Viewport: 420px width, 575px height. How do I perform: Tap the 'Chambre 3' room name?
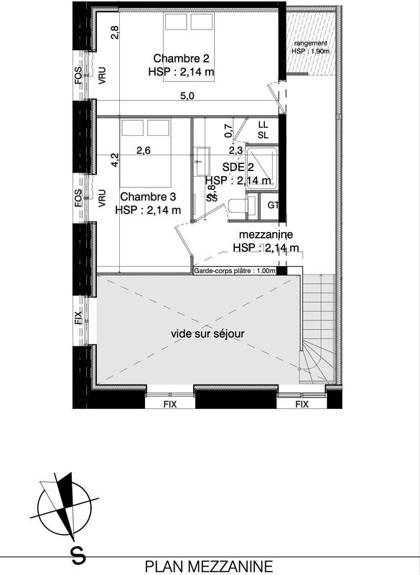pos(149,196)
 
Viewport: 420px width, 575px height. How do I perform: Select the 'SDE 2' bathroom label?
pos(237,167)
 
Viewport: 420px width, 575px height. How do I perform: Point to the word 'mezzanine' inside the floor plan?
pos(266,234)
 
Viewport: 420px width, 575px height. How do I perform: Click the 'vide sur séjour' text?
pos(207,333)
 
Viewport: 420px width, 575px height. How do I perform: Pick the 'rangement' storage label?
pos(310,43)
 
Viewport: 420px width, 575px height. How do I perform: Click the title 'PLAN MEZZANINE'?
pos(209,566)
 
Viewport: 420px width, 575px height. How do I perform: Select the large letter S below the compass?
pos(75,555)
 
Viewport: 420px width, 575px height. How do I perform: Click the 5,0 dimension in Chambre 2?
pos(187,97)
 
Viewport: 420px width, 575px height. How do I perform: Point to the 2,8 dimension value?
pos(113,32)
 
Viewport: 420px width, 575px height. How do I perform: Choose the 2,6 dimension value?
pos(144,150)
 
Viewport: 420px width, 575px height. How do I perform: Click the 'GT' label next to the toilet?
pos(272,206)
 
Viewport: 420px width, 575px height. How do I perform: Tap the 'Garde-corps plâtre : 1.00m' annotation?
pos(235,271)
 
